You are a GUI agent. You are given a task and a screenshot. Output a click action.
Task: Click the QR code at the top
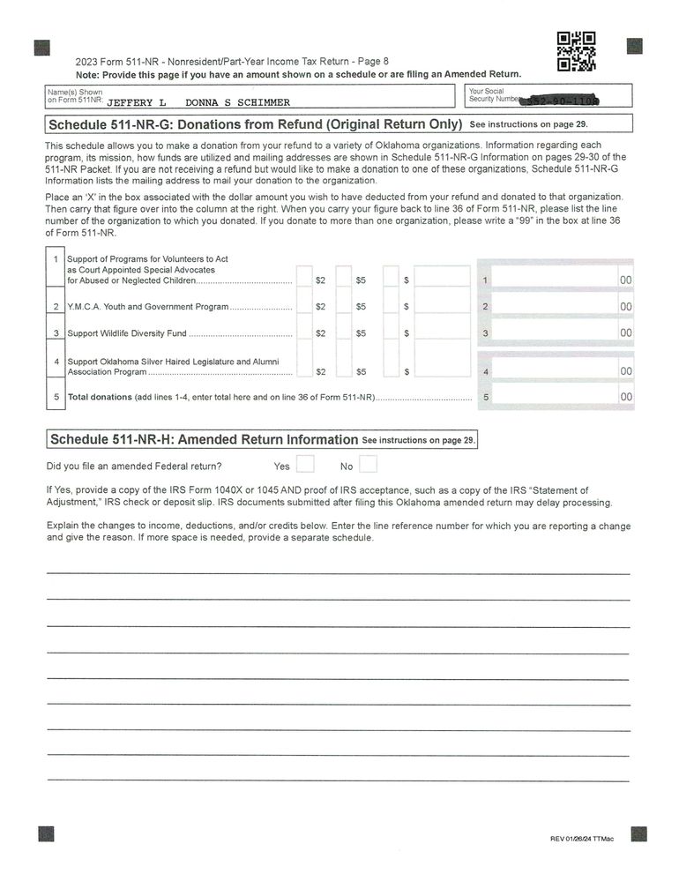(577, 50)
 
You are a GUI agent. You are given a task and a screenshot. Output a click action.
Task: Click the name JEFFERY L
(136, 102)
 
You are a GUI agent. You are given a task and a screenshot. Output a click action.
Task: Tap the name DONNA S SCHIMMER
(237, 102)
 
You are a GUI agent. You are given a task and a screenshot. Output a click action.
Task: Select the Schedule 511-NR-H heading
(204, 439)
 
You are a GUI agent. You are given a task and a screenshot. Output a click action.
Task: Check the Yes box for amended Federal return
(305, 464)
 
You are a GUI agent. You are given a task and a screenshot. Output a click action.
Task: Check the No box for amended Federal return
(369, 464)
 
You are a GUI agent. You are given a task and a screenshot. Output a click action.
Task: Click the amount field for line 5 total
(556, 397)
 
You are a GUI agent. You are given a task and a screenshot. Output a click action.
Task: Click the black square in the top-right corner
(634, 46)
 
